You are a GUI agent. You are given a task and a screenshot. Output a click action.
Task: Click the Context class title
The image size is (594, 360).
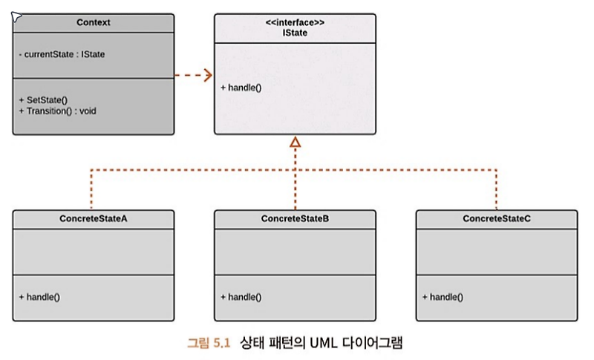pyautogui.click(x=94, y=22)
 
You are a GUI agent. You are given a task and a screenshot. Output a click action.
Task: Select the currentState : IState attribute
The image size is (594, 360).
pyautogui.click(x=62, y=54)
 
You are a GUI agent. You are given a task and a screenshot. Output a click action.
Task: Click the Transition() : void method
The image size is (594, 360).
pyautogui.click(x=57, y=111)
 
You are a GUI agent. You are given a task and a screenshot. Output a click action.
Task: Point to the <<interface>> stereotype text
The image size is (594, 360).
pyautogui.click(x=295, y=22)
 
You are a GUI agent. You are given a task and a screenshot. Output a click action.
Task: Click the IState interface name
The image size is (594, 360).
pyautogui.click(x=295, y=32)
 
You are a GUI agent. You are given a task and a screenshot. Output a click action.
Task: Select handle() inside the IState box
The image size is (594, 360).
pyautogui.click(x=241, y=88)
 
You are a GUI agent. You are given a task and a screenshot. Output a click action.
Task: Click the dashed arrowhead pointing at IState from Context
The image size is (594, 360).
pyautogui.click(x=206, y=74)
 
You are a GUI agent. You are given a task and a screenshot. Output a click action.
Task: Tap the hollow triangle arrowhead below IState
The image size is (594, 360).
pyautogui.click(x=295, y=141)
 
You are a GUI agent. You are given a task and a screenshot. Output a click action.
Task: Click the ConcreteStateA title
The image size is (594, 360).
pyautogui.click(x=94, y=219)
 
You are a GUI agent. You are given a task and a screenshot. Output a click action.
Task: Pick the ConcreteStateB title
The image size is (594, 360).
pyautogui.click(x=295, y=219)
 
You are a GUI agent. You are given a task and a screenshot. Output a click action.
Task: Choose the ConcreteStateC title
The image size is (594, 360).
pyautogui.click(x=496, y=219)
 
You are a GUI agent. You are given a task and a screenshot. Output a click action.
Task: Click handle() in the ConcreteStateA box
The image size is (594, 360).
pyautogui.click(x=39, y=297)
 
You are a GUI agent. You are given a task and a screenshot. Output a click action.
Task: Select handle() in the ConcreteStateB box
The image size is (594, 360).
pyautogui.click(x=241, y=297)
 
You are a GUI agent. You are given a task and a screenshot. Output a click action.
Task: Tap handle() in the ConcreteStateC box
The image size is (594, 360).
pyautogui.click(x=442, y=297)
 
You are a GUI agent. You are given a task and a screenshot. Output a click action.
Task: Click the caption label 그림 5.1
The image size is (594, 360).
pyautogui.click(x=209, y=343)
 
